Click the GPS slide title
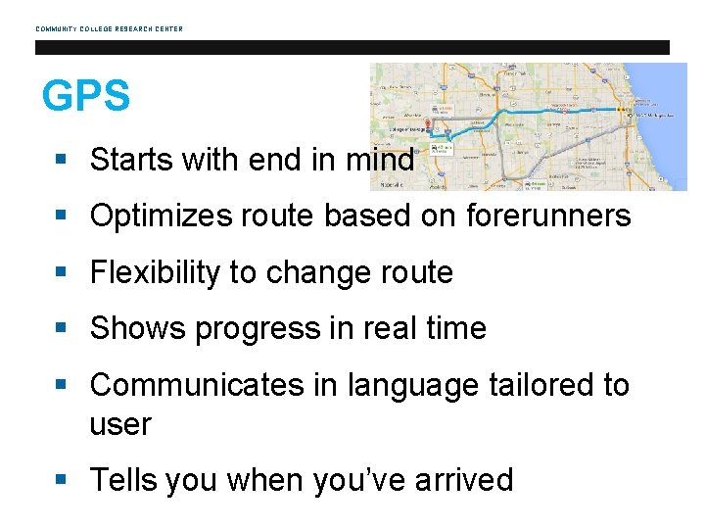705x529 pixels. click(x=85, y=97)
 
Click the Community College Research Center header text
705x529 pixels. click(x=109, y=28)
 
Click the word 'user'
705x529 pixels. click(x=120, y=425)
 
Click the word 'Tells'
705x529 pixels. click(x=124, y=480)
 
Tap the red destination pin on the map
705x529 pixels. click(x=427, y=125)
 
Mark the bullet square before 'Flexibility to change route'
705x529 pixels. click(x=63, y=273)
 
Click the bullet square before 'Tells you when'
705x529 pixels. click(x=63, y=480)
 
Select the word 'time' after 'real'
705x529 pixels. click(x=454, y=328)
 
